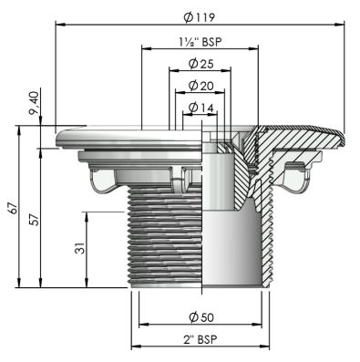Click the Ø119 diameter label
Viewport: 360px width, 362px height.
click(x=200, y=17)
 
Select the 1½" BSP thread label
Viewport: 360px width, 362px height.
click(x=201, y=42)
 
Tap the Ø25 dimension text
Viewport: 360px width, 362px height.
click(x=201, y=64)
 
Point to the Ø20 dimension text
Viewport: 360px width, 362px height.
click(x=201, y=86)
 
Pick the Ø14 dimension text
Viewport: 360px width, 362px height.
click(x=201, y=108)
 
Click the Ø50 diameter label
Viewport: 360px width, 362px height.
click(x=201, y=317)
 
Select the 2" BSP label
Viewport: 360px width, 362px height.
click(x=201, y=339)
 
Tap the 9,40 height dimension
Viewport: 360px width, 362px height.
click(x=34, y=103)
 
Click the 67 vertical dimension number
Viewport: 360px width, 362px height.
click(x=14, y=208)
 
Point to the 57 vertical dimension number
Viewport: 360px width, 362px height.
click(x=35, y=220)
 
